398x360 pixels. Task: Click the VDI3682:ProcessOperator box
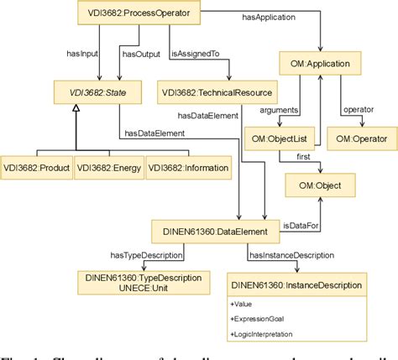tap(144, 14)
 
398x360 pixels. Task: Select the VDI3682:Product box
tap(35, 168)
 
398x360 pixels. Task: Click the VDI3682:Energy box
tap(108, 168)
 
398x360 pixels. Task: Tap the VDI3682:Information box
tap(188, 168)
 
